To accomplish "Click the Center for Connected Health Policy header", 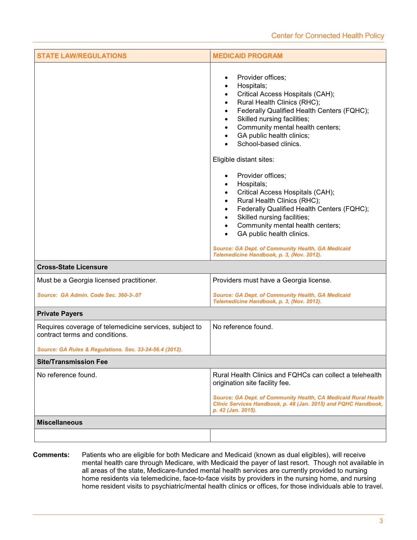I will tap(327, 36).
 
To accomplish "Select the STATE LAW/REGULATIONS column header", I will tap(82, 56).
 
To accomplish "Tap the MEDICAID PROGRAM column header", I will tap(248, 56).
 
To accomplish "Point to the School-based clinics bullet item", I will tap(269, 144).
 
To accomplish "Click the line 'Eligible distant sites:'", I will tap(243, 160).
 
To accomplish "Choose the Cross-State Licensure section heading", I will tap(72, 267).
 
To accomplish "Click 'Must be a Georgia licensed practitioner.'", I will tap(97, 280).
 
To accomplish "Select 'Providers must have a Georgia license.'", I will tap(272, 280).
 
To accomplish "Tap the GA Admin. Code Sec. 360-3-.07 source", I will tap(89, 295).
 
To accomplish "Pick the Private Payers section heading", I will tap(60, 314).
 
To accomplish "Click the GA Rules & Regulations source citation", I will tap(110, 350).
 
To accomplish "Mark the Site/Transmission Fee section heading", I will tap(72, 362).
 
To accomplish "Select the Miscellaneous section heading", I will tap(60, 422).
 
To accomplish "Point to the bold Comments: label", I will tap(51, 455).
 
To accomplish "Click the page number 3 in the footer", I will tap(381, 521).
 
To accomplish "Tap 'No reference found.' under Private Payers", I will tap(243, 327).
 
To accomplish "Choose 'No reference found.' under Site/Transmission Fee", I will tap(67, 375).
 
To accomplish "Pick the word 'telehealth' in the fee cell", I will tap(367, 375).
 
